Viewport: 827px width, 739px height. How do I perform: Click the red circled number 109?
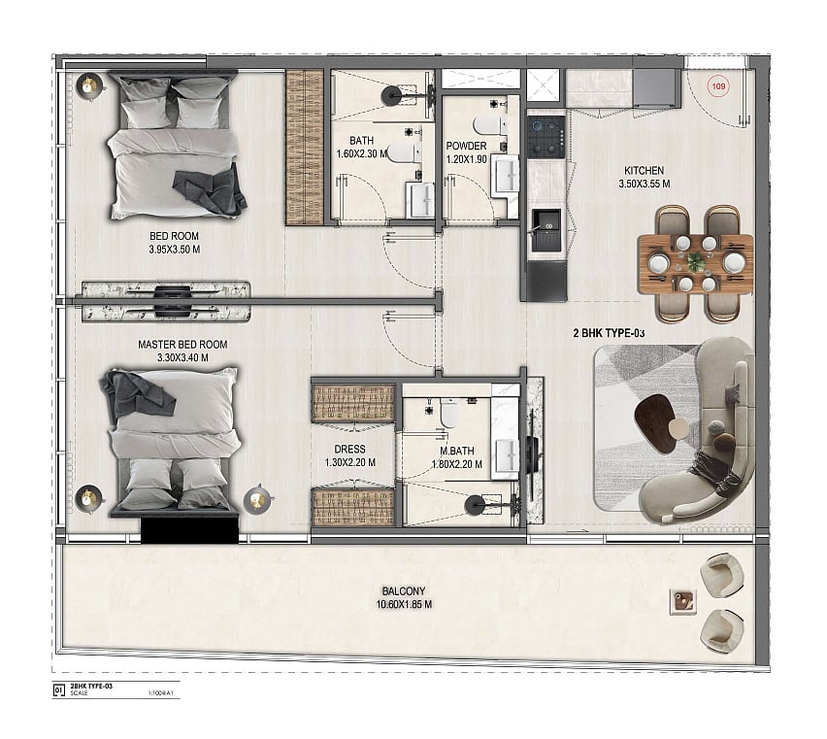[718, 86]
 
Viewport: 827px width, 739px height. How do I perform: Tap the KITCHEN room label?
[644, 170]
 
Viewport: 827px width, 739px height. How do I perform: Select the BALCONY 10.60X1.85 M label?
[404, 598]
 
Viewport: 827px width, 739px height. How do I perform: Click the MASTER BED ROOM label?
[182, 345]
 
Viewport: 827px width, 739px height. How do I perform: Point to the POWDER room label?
[466, 146]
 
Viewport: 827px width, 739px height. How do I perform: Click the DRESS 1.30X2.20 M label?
[350, 455]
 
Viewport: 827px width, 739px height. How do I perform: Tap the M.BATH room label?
[457, 451]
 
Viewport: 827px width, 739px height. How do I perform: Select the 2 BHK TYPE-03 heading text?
[609, 333]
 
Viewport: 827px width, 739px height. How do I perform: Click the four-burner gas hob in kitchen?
[546, 134]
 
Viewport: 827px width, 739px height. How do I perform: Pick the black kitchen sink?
[546, 230]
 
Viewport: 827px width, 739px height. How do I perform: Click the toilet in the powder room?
[489, 125]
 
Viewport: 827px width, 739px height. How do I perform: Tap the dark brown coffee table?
[654, 422]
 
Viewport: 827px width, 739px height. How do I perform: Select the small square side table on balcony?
[682, 602]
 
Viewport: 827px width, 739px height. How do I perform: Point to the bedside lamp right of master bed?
[257, 498]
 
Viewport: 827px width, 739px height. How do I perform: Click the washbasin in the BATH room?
[420, 199]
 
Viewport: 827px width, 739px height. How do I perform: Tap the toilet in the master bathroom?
[448, 413]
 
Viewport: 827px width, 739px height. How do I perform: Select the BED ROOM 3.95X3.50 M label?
[174, 243]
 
